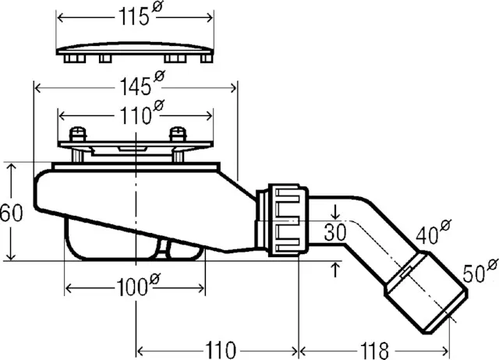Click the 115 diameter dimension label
(x=140, y=13)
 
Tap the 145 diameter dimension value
(x=142, y=83)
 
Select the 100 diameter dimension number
(x=138, y=284)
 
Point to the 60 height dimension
(x=12, y=213)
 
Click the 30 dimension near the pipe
(x=335, y=232)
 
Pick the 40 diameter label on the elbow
(x=434, y=232)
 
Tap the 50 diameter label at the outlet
(x=480, y=271)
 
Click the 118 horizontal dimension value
(x=374, y=351)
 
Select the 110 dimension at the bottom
(x=221, y=351)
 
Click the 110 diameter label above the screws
(x=142, y=112)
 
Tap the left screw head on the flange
(x=78, y=134)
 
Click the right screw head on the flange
(x=178, y=134)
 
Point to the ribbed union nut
(x=288, y=220)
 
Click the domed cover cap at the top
(x=135, y=52)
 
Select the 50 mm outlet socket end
(x=426, y=292)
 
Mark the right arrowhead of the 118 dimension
(x=445, y=351)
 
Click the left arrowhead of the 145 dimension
(x=37, y=88)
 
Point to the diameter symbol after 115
(x=157, y=6)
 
